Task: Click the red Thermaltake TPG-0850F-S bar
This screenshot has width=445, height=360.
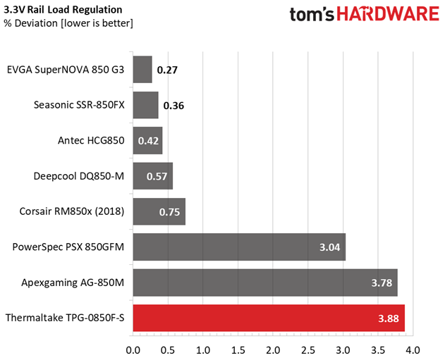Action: pyautogui.click(x=269, y=318)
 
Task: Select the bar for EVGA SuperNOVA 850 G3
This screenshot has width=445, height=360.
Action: pyautogui.click(x=142, y=70)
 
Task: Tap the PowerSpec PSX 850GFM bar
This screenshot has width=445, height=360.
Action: pyautogui.click(x=239, y=247)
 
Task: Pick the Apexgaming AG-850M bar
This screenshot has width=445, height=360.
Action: pyautogui.click(x=265, y=283)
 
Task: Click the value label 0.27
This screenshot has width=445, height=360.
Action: pyautogui.click(x=167, y=70)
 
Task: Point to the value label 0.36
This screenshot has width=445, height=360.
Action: pyautogui.click(x=173, y=106)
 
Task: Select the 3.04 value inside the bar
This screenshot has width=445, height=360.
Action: pyautogui.click(x=330, y=247)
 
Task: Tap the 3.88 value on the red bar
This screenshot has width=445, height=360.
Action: pyautogui.click(x=389, y=318)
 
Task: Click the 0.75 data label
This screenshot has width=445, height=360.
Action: pyautogui.click(x=169, y=212)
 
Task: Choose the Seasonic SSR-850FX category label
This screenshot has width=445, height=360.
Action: pyautogui.click(x=79, y=105)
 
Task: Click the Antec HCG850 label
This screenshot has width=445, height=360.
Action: pyautogui.click(x=91, y=140)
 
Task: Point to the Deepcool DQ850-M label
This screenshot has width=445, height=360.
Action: pyautogui.click(x=79, y=176)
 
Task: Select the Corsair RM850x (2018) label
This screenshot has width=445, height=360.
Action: pyautogui.click(x=72, y=211)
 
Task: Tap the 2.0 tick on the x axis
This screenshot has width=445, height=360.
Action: pyautogui.click(x=273, y=350)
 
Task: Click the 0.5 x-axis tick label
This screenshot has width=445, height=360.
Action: pyautogui.click(x=168, y=350)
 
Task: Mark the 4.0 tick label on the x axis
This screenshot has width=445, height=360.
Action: pyautogui.click(x=413, y=350)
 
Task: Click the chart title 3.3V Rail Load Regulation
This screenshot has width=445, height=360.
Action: pyautogui.click(x=63, y=10)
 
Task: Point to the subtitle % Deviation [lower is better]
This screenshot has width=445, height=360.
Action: pyautogui.click(x=68, y=23)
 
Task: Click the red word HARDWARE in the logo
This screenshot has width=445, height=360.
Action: pyautogui.click(x=388, y=14)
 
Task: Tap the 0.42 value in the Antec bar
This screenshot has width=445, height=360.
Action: pyautogui.click(x=148, y=141)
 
